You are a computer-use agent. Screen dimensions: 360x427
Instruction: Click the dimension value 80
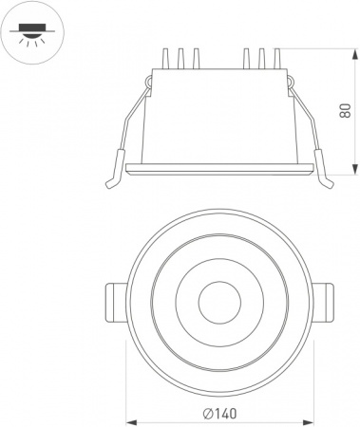(345, 110)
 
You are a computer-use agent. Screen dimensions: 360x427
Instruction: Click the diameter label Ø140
(220, 414)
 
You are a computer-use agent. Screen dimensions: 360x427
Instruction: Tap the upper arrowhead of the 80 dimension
(355, 54)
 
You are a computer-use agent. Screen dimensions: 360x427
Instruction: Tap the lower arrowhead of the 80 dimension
(355, 169)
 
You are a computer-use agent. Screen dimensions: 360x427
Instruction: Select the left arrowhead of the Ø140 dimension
(132, 422)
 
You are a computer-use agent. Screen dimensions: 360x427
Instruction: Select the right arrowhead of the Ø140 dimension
(308, 422)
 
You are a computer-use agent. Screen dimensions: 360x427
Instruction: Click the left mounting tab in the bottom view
(116, 303)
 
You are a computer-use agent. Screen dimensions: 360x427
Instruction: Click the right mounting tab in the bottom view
(323, 303)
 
